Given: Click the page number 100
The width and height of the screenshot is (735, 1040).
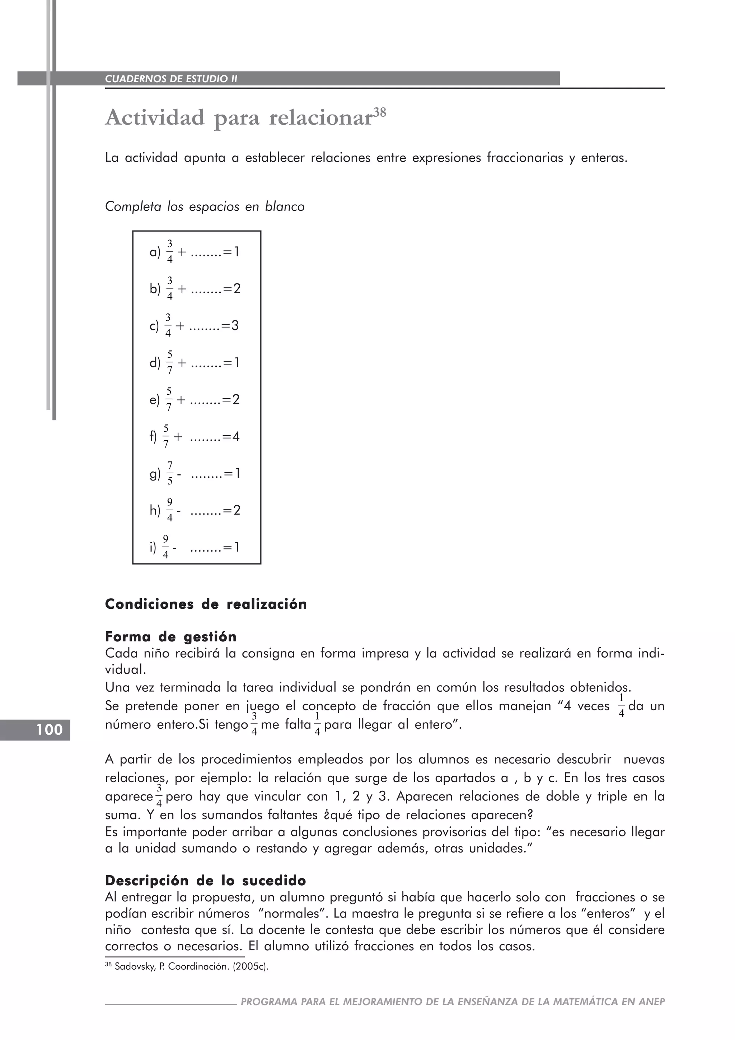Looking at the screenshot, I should click(50, 730).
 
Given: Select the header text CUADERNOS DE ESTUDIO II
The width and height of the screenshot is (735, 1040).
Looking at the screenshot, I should click(171, 79).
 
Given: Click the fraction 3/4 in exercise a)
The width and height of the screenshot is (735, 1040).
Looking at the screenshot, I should click(170, 251).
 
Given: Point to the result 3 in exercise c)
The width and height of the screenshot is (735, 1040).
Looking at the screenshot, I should click(234, 326).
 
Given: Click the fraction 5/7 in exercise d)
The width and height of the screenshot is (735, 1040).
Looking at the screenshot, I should click(170, 362).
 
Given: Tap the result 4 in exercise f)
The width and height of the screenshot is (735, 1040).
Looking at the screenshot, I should click(235, 437).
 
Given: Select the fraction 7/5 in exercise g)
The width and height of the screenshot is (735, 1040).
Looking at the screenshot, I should click(170, 473).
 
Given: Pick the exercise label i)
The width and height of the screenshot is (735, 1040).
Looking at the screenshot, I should click(153, 548).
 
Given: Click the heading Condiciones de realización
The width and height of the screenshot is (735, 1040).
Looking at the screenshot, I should click(206, 604).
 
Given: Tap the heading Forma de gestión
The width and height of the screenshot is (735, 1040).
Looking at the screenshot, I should click(170, 637).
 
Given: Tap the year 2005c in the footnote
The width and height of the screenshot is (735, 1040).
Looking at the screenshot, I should click(253, 967).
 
